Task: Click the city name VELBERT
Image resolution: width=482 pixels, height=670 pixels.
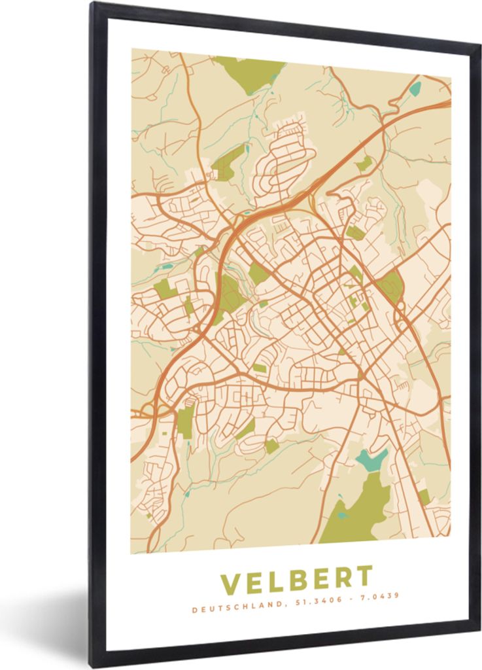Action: point(296,579)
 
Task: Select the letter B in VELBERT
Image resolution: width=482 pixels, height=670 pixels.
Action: point(296,579)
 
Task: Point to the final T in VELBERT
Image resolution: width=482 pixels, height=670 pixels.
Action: point(364,576)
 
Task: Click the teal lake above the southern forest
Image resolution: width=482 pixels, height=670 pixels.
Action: point(371,460)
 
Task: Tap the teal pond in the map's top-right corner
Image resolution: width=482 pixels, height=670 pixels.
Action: point(415,88)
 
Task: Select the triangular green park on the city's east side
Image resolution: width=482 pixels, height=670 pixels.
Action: point(391,286)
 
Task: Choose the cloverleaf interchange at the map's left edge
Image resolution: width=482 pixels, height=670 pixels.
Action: point(150,411)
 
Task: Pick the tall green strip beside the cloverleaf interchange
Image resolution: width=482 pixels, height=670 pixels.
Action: point(186,421)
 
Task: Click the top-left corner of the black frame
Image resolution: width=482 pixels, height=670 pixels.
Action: point(94,5)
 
